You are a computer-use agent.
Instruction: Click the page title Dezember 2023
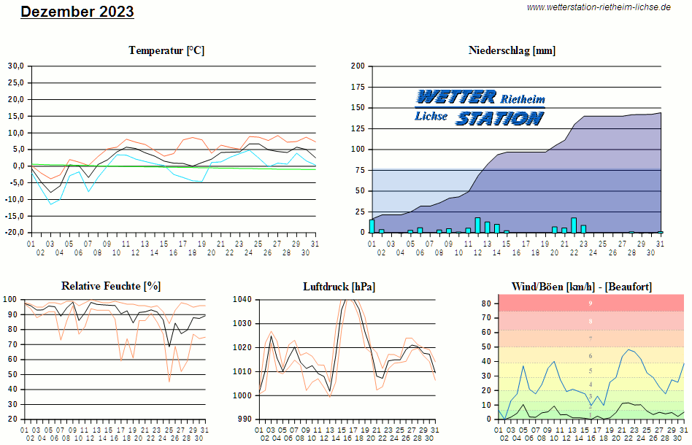pyautogui.click(x=77, y=12)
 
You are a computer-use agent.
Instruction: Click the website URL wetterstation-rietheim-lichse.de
pyautogui.click(x=599, y=7)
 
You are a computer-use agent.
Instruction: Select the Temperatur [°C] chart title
pyautogui.click(x=166, y=50)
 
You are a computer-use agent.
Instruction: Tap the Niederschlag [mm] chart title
pyautogui.click(x=512, y=50)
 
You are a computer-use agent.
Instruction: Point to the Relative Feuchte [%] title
pyautogui.click(x=111, y=286)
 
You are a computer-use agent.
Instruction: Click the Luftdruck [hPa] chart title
pyautogui.click(x=339, y=287)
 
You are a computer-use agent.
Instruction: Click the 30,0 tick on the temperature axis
pyautogui.click(x=16, y=66)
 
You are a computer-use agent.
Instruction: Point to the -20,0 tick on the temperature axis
pyautogui.click(x=15, y=233)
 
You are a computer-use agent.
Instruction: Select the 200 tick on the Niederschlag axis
pyautogui.click(x=358, y=66)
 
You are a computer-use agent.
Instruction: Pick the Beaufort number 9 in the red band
pyautogui.click(x=591, y=303)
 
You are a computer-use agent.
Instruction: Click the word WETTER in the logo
pyautogui.click(x=455, y=97)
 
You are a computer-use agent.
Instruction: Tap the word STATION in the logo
pyautogui.click(x=500, y=118)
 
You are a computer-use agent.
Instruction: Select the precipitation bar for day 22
pyautogui.click(x=574, y=225)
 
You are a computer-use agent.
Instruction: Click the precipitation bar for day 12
pyautogui.click(x=477, y=225)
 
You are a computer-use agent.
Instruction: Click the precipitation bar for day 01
pyautogui.click(x=372, y=226)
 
